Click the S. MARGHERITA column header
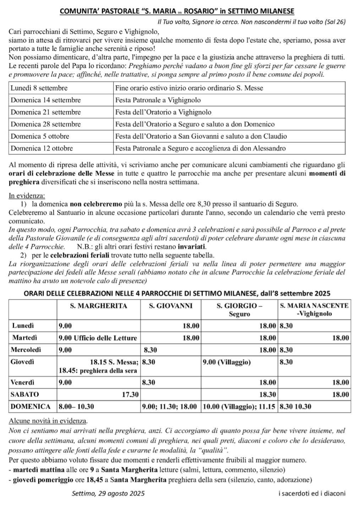[98, 306]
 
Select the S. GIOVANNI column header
[170, 306]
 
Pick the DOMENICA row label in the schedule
[31, 407]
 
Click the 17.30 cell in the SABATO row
[130, 394]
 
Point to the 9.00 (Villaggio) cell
[227, 362]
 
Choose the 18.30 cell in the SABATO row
[268, 395]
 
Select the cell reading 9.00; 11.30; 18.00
[169, 407]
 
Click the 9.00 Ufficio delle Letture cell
[98, 338]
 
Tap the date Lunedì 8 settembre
[39, 88]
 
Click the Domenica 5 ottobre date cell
[40, 136]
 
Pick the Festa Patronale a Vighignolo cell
[158, 100]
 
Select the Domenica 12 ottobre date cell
[42, 148]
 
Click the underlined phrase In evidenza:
[27, 196]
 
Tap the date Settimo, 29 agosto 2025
[108, 493]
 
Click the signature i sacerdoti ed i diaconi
[312, 493]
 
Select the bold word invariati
[192, 247]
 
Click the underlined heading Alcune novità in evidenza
[48, 421]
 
